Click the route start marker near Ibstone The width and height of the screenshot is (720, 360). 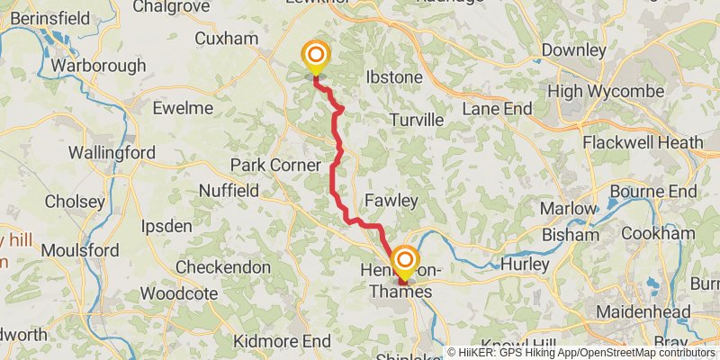click(x=316, y=58)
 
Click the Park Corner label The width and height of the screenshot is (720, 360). click(x=275, y=166)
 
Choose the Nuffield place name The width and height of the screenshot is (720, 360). click(x=229, y=191)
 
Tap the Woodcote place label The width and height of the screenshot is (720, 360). click(x=178, y=294)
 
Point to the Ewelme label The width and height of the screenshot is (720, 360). click(x=183, y=108)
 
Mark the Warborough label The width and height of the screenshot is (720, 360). click(x=98, y=66)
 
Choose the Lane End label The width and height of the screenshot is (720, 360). click(x=496, y=108)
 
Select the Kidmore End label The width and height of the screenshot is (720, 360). click(x=282, y=342)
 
